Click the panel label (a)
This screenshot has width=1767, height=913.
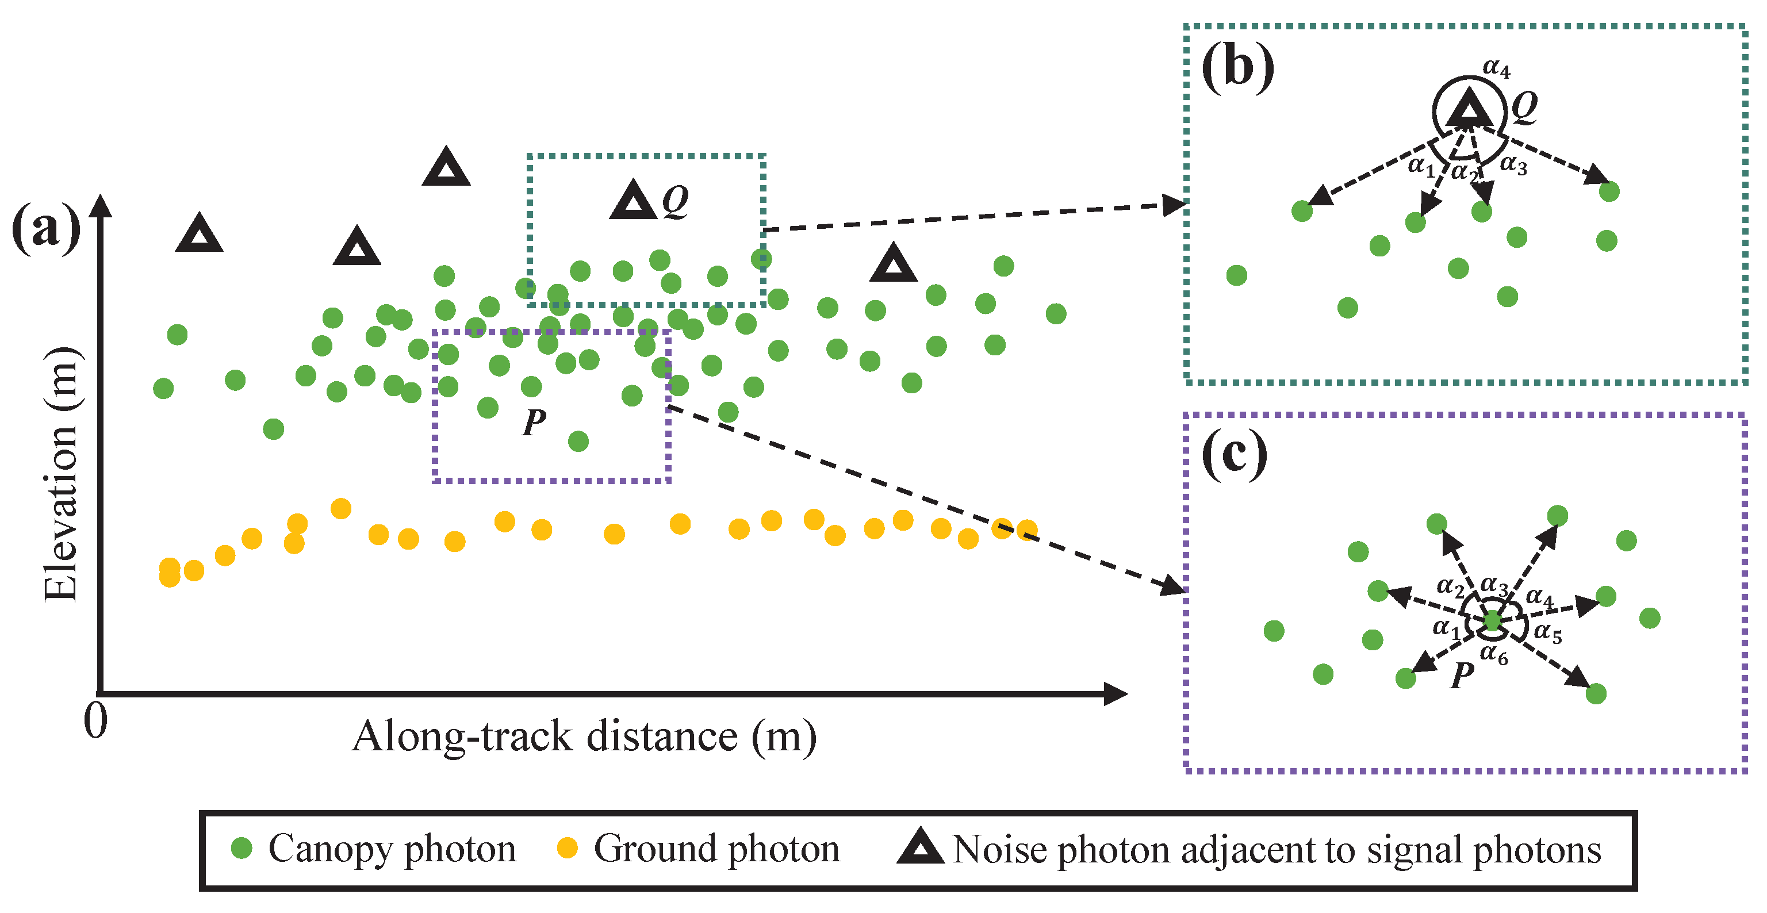(46, 228)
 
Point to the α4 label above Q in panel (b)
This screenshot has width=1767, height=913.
(1496, 68)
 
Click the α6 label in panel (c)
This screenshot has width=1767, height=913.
(1493, 654)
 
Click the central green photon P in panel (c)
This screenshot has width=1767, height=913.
(1493, 621)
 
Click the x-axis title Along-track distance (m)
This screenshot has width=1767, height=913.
(584, 736)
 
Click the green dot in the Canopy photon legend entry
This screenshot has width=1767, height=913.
(241, 848)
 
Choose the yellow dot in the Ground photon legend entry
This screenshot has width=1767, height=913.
(566, 848)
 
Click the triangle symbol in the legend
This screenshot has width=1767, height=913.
(920, 847)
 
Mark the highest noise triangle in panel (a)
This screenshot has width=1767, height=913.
(446, 168)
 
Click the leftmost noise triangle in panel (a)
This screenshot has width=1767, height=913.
(199, 234)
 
